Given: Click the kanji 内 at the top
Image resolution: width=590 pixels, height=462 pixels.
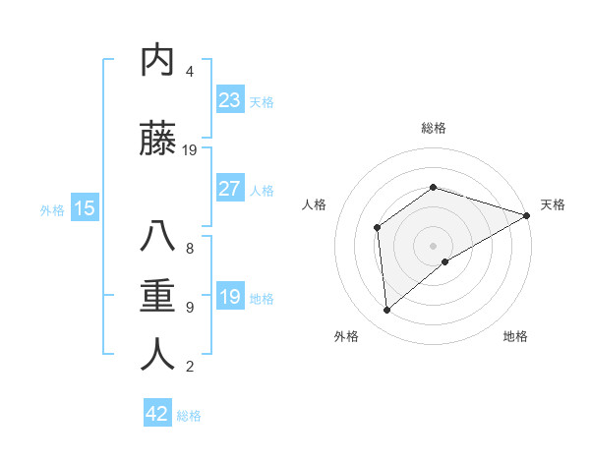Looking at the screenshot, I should [x=157, y=61].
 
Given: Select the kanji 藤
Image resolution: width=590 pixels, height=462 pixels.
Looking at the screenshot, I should [x=157, y=140].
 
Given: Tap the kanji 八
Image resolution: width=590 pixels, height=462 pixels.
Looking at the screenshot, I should [x=157, y=238].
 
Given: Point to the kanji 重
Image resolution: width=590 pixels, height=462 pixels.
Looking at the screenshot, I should [x=157, y=296].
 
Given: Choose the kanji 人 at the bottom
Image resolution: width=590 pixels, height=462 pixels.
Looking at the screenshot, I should [x=157, y=354].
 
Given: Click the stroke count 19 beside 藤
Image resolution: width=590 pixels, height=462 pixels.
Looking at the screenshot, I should [x=191, y=150].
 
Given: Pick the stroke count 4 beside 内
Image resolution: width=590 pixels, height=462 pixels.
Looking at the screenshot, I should [x=190, y=72].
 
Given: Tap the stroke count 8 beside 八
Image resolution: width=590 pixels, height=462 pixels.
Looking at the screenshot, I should [x=190, y=249].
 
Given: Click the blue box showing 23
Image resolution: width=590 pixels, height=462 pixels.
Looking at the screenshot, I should [x=229, y=99].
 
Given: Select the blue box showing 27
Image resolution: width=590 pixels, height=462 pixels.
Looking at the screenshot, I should [x=229, y=189].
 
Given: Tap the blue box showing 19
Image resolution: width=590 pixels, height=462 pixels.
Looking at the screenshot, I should [x=229, y=297].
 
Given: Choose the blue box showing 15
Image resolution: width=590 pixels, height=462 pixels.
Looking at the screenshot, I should [x=84, y=207].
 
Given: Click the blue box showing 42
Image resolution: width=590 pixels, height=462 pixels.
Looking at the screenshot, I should [x=157, y=414].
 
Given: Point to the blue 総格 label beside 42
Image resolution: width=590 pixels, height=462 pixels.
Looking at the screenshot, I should [x=189, y=416].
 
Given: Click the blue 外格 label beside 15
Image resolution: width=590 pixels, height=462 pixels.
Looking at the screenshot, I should [x=52, y=209].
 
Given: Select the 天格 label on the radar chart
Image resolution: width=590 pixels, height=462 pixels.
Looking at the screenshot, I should [x=553, y=204].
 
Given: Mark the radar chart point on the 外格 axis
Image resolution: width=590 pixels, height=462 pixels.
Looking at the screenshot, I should [x=386, y=311].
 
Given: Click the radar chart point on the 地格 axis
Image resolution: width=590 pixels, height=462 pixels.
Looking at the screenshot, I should [x=445, y=261].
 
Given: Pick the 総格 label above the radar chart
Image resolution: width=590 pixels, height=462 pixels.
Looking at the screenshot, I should [x=434, y=128].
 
